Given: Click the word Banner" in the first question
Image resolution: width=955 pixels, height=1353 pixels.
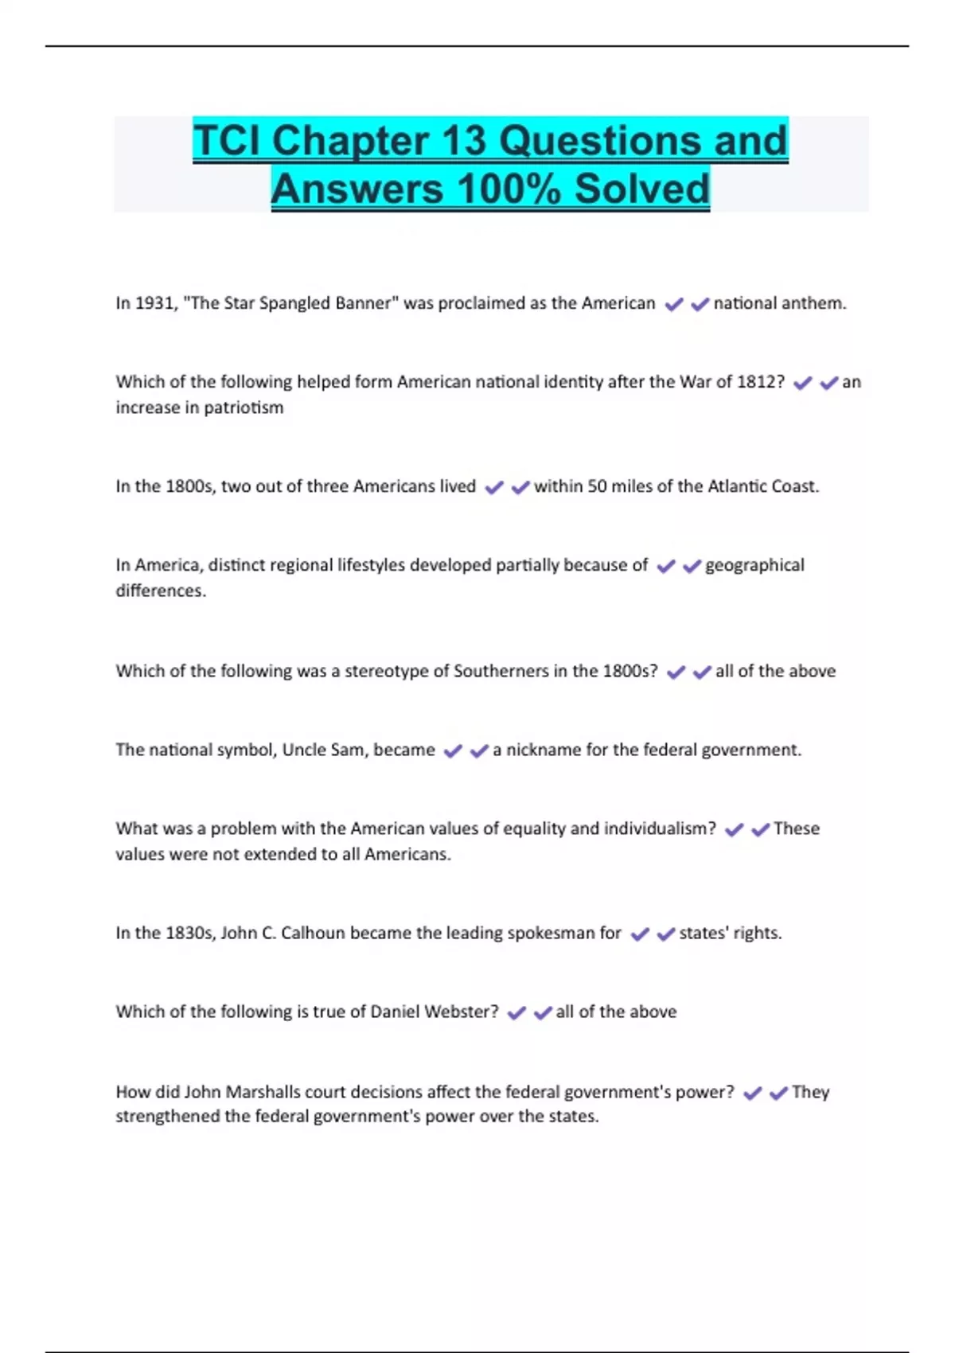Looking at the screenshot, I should tap(364, 303).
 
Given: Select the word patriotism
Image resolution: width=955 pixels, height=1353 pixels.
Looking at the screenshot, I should tap(244, 407).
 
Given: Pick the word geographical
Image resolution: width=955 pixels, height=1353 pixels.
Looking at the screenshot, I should tap(754, 566).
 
